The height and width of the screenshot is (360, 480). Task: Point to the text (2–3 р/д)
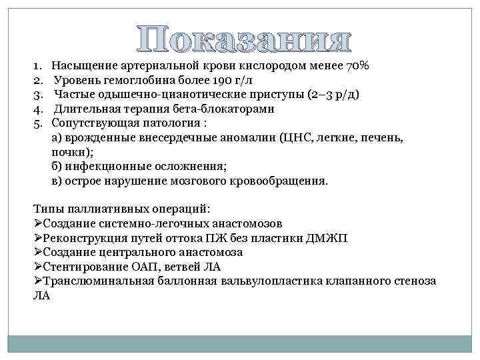point(329,95)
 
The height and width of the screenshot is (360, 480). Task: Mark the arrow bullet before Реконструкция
point(37,238)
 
